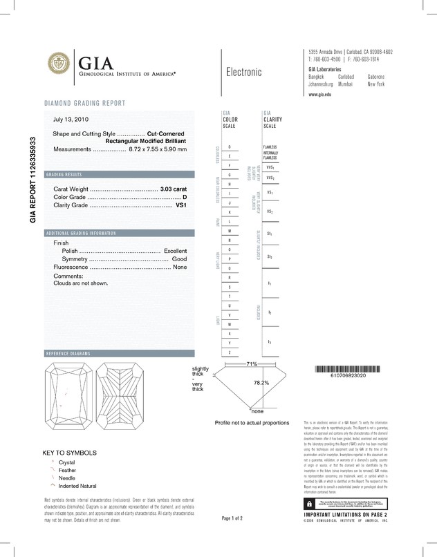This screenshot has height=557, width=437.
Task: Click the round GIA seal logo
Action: coord(62,66)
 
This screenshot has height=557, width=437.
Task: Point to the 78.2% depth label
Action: coord(261,382)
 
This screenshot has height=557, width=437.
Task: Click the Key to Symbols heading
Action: coord(70,453)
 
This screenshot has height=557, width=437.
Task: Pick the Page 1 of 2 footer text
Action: coord(232,518)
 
